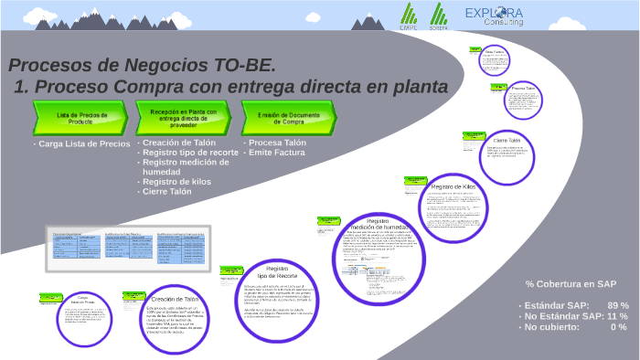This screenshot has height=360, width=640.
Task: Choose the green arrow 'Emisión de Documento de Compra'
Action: click(x=288, y=116)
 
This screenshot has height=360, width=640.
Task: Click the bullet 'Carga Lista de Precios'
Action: click(x=84, y=143)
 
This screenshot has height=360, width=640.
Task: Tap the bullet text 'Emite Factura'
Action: click(x=278, y=153)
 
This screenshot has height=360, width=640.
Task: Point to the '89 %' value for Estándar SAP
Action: click(x=617, y=305)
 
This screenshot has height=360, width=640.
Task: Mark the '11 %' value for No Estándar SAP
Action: click(x=617, y=316)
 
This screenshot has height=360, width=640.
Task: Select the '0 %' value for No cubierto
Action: click(x=619, y=327)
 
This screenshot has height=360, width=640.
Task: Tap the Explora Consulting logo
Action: click(x=494, y=16)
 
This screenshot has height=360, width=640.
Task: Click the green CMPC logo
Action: click(x=408, y=16)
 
